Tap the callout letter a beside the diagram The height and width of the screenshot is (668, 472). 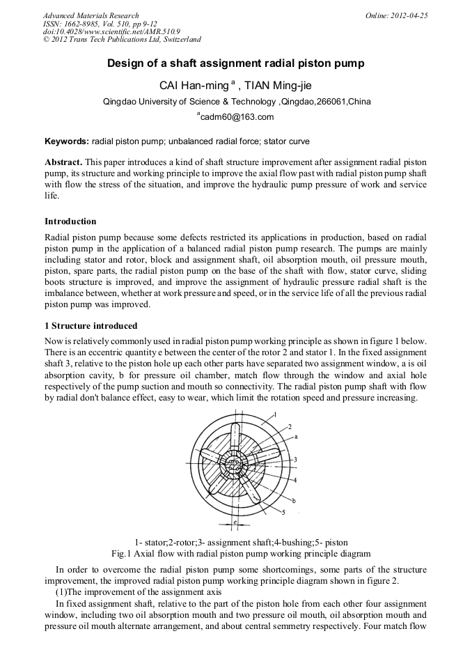point(295,437)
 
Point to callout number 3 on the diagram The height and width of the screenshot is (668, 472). point(295,460)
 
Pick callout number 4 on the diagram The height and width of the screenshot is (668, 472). point(295,480)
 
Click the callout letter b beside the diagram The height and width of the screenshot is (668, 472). point(294,501)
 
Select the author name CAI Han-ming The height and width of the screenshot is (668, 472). point(196,86)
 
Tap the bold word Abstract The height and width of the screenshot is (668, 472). point(64,162)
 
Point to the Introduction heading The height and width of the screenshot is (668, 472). point(70,222)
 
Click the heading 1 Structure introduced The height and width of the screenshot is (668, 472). point(91,326)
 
